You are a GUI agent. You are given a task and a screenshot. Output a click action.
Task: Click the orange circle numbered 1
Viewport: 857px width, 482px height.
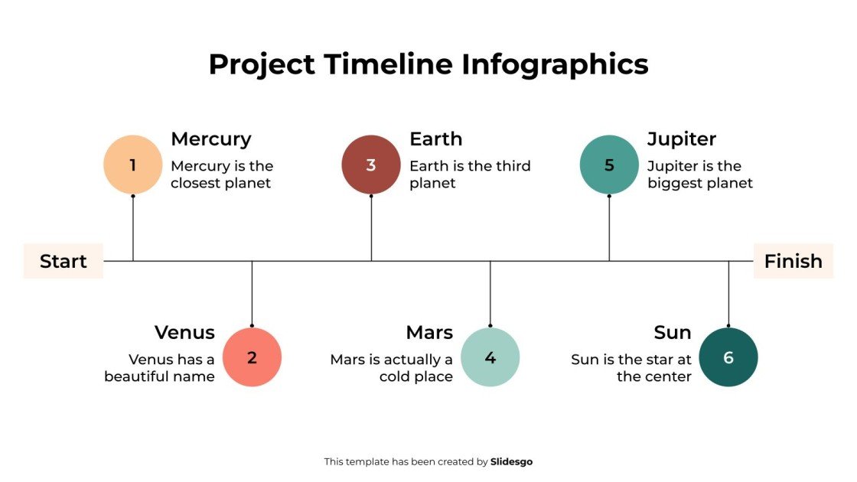(133, 164)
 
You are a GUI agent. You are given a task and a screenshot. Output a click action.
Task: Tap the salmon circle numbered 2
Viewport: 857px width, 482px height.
(252, 357)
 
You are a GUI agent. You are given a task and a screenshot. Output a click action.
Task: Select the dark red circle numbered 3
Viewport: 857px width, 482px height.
(371, 164)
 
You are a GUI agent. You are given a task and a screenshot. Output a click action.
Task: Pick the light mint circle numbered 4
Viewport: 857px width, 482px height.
(490, 357)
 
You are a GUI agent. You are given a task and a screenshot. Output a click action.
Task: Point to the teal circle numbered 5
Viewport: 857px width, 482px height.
(609, 164)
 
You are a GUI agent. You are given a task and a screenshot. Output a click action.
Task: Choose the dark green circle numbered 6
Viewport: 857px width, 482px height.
(728, 357)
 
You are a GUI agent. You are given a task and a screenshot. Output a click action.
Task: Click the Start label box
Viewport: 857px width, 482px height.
(63, 261)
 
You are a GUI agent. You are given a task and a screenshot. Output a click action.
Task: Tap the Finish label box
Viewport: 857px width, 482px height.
(793, 261)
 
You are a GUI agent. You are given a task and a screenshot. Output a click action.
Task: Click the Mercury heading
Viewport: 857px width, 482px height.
(210, 139)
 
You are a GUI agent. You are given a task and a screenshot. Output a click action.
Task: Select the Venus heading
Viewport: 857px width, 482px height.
(184, 333)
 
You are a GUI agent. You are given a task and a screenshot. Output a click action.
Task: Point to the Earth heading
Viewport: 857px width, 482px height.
(435, 139)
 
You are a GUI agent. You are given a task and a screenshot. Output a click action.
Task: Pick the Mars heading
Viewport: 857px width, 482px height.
(429, 333)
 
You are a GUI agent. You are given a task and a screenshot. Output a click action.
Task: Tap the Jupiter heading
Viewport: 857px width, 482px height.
(681, 139)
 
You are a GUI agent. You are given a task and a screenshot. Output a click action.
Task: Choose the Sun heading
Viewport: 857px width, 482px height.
(673, 333)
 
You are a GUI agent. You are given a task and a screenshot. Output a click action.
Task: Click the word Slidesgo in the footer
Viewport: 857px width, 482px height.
(511, 461)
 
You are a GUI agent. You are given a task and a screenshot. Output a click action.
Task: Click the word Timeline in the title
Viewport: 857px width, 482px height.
(389, 64)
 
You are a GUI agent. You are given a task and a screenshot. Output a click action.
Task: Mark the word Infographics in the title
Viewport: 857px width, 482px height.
(555, 64)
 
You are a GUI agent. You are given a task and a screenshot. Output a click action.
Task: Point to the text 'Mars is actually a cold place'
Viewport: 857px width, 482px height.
(392, 368)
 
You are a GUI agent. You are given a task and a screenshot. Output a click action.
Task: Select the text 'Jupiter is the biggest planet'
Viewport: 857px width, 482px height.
(699, 174)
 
